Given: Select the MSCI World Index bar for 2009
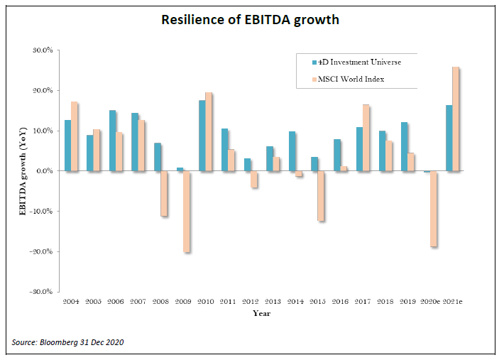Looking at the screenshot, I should (187, 212).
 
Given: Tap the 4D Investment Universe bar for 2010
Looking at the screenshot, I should (202, 136).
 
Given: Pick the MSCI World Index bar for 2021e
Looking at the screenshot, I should (456, 119).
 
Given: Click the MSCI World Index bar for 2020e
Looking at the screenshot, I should (433, 209).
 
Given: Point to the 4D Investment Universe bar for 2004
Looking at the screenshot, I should (67, 146).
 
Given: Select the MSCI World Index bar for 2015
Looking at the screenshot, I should (321, 196).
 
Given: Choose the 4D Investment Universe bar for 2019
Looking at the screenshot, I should (405, 147).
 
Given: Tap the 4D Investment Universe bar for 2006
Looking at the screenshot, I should (112, 141).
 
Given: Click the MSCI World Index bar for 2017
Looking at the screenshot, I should (366, 138).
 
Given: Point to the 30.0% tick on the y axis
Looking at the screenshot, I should (43, 51).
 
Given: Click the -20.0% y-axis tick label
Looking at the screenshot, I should (41, 251).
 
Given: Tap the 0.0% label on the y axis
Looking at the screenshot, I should (44, 171).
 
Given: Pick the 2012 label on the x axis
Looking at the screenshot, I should (251, 302).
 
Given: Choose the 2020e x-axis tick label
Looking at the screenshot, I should (429, 302).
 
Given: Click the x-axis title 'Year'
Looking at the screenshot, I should (261, 313).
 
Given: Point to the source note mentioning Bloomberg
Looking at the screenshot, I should (68, 343).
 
